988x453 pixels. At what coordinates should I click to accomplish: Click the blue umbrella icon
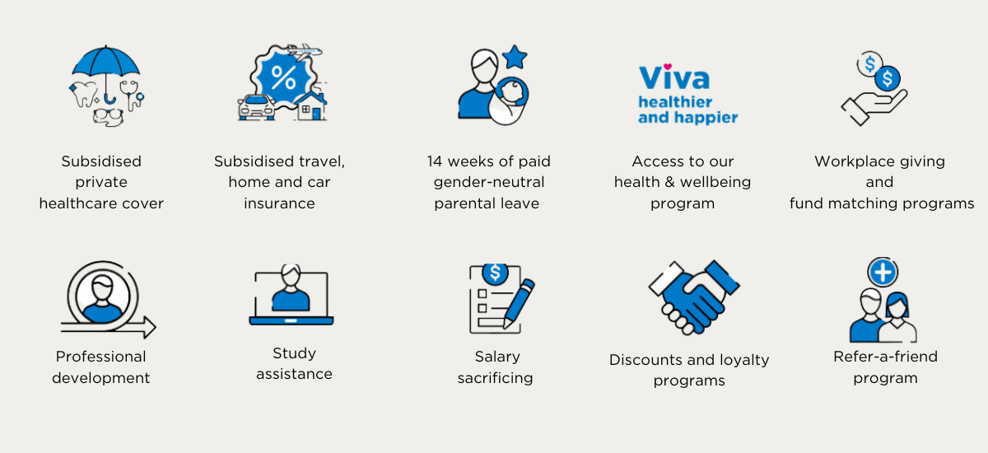[106, 64]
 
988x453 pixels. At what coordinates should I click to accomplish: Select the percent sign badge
[283, 78]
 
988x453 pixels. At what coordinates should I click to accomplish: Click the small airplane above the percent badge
[305, 52]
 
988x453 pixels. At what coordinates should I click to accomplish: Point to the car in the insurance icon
[256, 107]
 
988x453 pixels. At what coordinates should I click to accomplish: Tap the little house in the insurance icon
[310, 106]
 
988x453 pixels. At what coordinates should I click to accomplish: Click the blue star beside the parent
[515, 58]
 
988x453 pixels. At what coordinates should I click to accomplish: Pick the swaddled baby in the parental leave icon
[510, 102]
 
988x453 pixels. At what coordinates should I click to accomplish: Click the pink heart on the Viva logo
[668, 67]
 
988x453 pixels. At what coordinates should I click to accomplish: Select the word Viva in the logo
[674, 77]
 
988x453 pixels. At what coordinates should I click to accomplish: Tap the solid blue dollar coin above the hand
[888, 78]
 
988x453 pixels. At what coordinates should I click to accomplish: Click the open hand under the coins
[874, 107]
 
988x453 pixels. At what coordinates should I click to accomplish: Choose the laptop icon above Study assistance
[291, 295]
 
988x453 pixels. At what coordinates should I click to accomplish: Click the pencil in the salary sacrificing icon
[519, 304]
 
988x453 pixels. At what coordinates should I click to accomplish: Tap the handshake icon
[694, 297]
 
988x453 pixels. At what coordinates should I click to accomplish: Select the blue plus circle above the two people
[882, 272]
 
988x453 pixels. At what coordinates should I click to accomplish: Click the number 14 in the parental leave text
[435, 161]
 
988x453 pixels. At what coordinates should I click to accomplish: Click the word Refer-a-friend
[885, 357]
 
